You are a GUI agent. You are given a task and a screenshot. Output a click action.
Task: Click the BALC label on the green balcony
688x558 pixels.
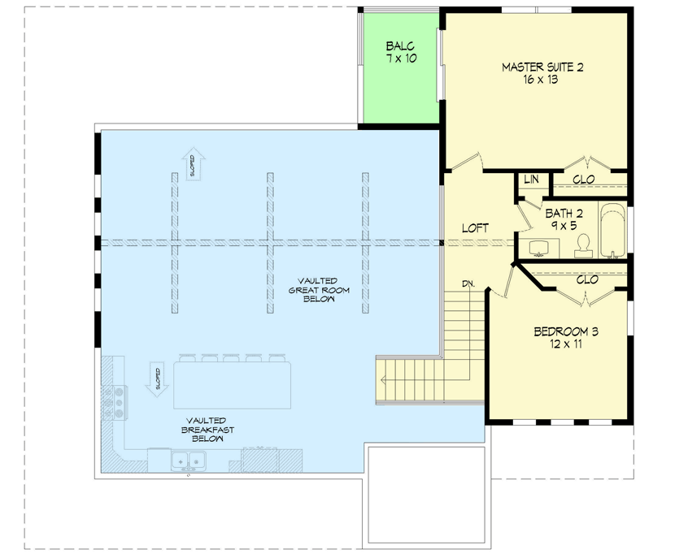pyautogui.click(x=401, y=46)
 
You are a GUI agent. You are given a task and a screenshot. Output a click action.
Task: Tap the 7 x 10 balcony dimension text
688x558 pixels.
pyautogui.click(x=401, y=59)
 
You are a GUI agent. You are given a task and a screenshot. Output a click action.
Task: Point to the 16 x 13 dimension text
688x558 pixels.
pyautogui.click(x=541, y=80)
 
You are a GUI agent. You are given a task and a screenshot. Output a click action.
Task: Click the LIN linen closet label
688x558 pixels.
pyautogui.click(x=531, y=180)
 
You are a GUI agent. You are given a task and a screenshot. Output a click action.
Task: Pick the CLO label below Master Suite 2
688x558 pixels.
pyautogui.click(x=583, y=180)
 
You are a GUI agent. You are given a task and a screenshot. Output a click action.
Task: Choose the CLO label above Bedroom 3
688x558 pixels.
pyautogui.click(x=587, y=279)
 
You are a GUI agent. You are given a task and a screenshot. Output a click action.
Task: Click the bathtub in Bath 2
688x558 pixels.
pyautogui.click(x=613, y=231)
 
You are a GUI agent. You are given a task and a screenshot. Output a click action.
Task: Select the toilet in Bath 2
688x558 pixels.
pyautogui.click(x=583, y=246)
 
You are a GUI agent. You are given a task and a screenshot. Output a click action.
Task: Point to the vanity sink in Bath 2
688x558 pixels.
pyautogui.click(x=540, y=246)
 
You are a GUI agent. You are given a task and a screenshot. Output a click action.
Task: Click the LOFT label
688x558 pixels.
pyautogui.click(x=475, y=228)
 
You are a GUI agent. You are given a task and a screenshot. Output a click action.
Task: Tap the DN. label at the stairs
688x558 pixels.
pyautogui.click(x=468, y=283)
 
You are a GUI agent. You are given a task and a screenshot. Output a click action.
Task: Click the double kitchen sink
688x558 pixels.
pyautogui.click(x=187, y=461)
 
